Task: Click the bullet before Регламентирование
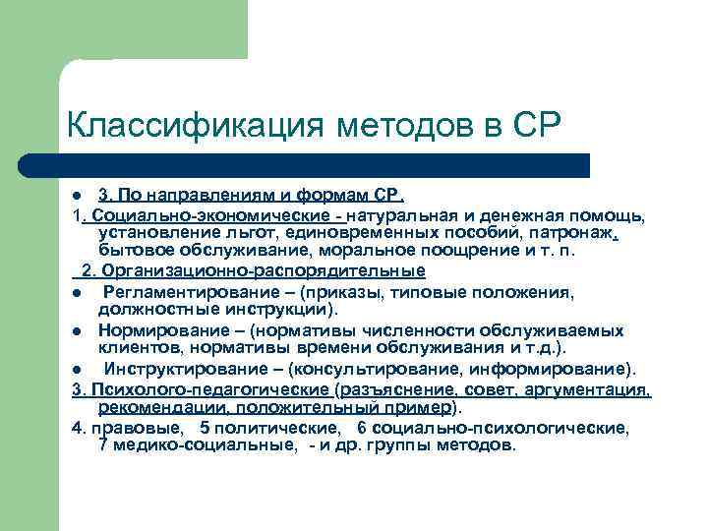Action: tap(76, 292)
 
